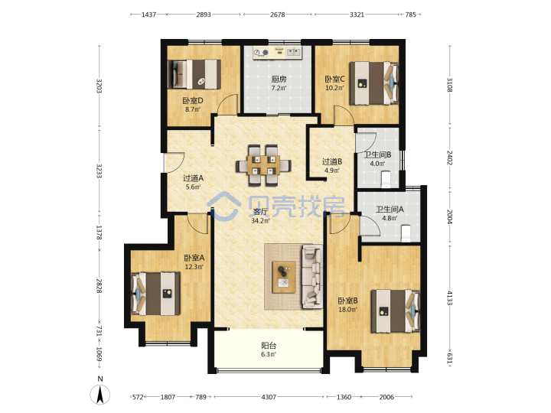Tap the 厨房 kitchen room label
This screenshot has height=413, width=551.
[279, 80]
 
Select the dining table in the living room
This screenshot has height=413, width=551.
[263, 164]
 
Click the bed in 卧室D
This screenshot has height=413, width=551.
[194, 74]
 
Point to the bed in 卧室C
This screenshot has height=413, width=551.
[374, 83]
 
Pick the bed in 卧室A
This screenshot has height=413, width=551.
[155, 294]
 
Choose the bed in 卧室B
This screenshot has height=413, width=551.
[396, 311]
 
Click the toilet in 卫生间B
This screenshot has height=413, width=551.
[386, 179]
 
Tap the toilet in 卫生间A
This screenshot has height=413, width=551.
[406, 233]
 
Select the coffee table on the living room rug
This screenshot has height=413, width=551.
[284, 277]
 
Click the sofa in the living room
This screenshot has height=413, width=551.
[311, 276]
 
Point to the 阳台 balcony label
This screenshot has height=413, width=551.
[269, 346]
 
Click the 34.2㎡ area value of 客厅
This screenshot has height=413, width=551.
[260, 220]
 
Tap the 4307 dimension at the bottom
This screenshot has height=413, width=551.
[269, 397]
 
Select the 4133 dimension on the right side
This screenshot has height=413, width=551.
[449, 298]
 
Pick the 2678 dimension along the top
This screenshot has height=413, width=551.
[277, 15]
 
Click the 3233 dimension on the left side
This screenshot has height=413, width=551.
[99, 171]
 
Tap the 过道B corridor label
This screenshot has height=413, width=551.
[332, 161]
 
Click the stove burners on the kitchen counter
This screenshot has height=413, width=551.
[261, 52]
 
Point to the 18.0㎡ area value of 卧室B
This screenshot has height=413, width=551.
[347, 310]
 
